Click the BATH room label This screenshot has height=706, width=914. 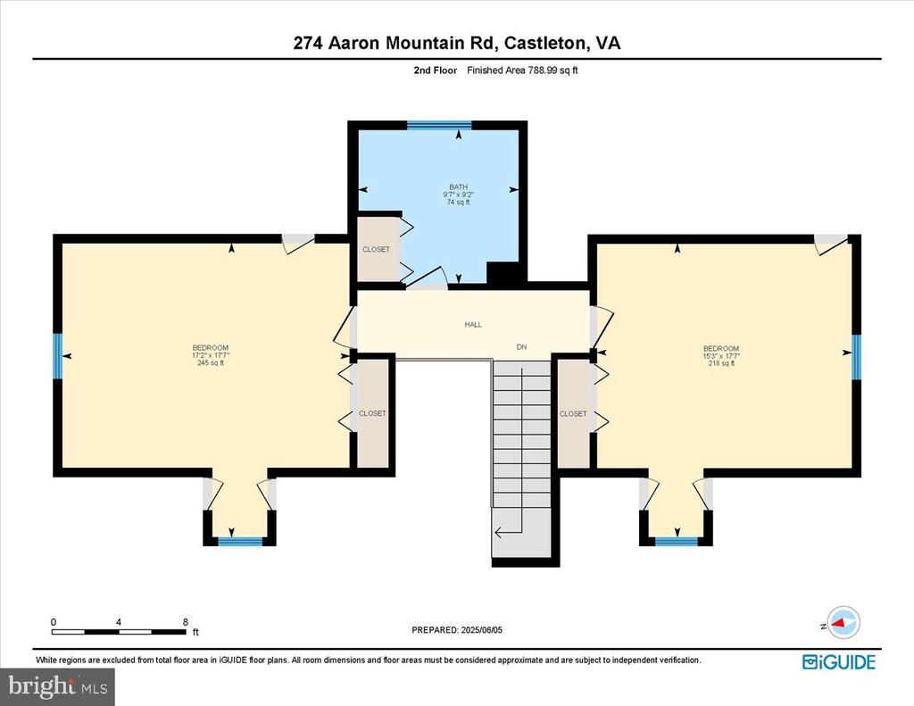(x=458, y=187)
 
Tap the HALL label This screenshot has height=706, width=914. (x=473, y=324)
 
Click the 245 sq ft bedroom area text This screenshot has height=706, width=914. (x=211, y=362)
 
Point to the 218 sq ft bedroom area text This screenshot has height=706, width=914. (x=721, y=363)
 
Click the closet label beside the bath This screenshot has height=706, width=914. (x=376, y=249)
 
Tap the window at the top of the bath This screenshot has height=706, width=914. (x=438, y=125)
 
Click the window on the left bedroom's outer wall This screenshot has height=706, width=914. (x=56, y=355)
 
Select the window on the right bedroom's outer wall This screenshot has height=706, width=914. (x=856, y=356)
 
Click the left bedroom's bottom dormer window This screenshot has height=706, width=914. (x=240, y=541)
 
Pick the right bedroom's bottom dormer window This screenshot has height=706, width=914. (x=676, y=541)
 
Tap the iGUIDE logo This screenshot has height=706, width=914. (x=838, y=661)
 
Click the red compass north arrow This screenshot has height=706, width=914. (x=842, y=622)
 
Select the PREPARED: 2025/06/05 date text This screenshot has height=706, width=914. (x=457, y=630)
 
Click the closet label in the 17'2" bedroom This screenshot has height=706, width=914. (x=372, y=413)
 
